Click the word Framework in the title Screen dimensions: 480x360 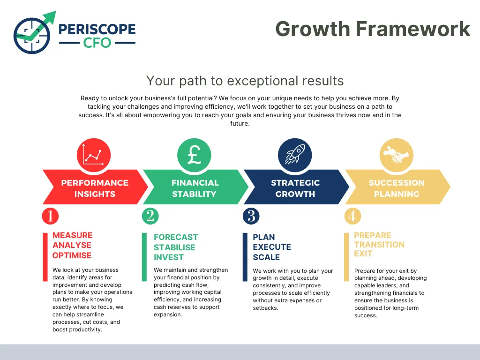click(x=412, y=29)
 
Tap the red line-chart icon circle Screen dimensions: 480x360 click(x=94, y=155)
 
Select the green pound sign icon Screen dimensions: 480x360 click(x=194, y=155)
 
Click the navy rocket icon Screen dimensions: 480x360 click(x=295, y=155)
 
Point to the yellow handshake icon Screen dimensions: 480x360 click(x=397, y=155)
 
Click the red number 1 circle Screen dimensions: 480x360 click(x=50, y=216)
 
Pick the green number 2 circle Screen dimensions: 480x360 click(x=150, y=216)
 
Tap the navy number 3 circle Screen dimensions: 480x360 click(x=251, y=216)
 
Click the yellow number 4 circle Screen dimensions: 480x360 click(x=352, y=216)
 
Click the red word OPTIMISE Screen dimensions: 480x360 click(x=72, y=255)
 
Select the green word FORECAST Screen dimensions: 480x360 click(x=176, y=237)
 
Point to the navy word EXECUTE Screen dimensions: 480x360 click(x=272, y=247)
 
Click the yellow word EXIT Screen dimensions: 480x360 click(x=363, y=254)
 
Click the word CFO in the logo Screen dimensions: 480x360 click(x=97, y=43)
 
